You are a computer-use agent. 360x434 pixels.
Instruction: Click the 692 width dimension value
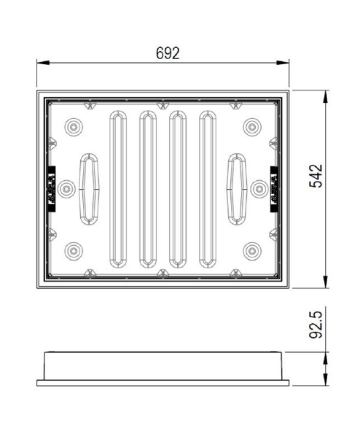point(167,54)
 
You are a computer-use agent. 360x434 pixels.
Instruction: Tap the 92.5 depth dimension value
point(316,325)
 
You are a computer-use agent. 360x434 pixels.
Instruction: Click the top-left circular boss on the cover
point(74,127)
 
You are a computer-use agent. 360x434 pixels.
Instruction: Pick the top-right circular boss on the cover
point(252,127)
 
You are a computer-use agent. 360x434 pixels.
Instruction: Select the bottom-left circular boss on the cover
point(74,251)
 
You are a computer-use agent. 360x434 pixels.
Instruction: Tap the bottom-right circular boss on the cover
point(252,251)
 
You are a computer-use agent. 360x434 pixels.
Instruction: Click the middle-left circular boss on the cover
point(66,188)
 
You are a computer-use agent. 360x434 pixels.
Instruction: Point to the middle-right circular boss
point(259,188)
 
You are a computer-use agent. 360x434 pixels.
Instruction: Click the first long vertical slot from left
point(117,188)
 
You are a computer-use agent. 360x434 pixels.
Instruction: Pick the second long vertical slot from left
point(147,188)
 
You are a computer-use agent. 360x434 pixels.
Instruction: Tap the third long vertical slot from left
point(177,188)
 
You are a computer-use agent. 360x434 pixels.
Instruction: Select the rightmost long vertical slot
point(208,188)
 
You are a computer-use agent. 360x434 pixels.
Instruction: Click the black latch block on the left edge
point(51,188)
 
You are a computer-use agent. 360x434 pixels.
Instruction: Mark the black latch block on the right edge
point(275,188)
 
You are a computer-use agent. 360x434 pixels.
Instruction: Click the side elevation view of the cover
point(163,368)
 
